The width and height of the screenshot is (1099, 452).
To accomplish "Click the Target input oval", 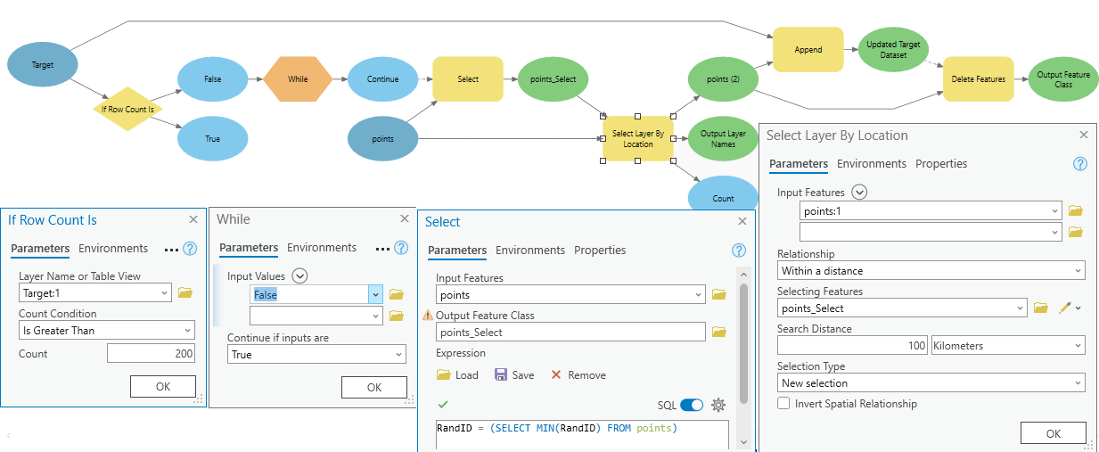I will click(x=43, y=65).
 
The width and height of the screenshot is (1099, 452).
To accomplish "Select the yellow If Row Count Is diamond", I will click(x=127, y=109).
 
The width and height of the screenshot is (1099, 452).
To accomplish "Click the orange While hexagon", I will click(x=298, y=79).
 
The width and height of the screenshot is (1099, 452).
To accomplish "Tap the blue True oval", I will click(x=212, y=139).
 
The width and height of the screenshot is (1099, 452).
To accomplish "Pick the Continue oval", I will click(x=382, y=79).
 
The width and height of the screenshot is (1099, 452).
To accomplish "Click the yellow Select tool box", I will click(x=468, y=79).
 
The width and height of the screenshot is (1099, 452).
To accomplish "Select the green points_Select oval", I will click(x=553, y=79).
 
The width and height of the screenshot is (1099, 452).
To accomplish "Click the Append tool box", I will click(x=808, y=50).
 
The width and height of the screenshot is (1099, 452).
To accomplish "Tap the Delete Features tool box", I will click(x=978, y=79).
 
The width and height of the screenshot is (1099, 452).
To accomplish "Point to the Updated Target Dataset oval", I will click(x=893, y=50).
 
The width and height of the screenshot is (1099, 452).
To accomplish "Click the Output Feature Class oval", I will click(x=1062, y=79).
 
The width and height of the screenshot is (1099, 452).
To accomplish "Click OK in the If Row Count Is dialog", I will click(x=163, y=386).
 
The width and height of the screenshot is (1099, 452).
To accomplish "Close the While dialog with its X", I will click(x=403, y=219).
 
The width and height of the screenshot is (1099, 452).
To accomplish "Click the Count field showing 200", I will click(x=151, y=354).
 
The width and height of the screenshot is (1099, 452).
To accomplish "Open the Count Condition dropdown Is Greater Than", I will click(x=106, y=331).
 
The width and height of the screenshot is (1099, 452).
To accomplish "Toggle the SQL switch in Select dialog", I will click(x=692, y=405).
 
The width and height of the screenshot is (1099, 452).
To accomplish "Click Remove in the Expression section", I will click(x=578, y=375).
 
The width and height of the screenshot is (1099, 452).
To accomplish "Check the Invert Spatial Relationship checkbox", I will click(x=783, y=404).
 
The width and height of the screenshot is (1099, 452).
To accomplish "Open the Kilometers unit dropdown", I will click(x=1007, y=345).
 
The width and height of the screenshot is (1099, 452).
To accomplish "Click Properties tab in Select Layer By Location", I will click(x=940, y=164).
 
